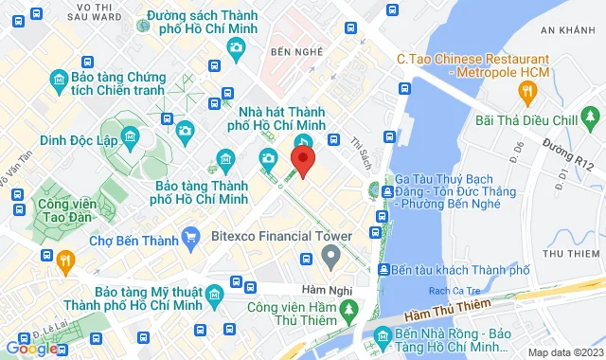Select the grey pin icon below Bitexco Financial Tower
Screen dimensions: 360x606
pyautogui.click(x=330, y=255)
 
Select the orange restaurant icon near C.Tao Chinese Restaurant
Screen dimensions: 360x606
pyautogui.click(x=527, y=91)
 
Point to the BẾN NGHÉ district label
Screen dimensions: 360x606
pyautogui.click(x=291, y=49)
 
